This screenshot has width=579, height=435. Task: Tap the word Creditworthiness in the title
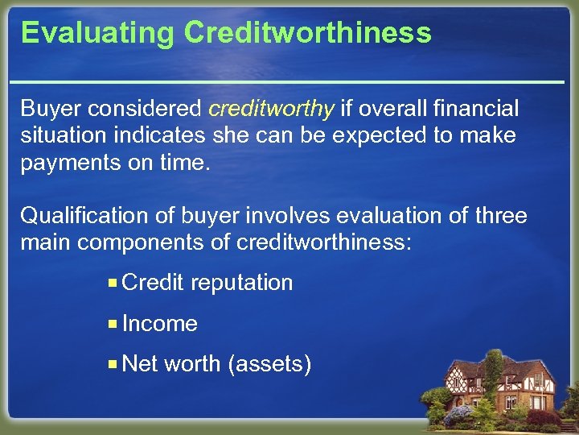point(307,34)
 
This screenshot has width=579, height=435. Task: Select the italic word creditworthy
point(272,108)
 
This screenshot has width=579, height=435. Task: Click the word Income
point(160,324)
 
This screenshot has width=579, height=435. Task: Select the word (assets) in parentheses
point(269,364)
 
